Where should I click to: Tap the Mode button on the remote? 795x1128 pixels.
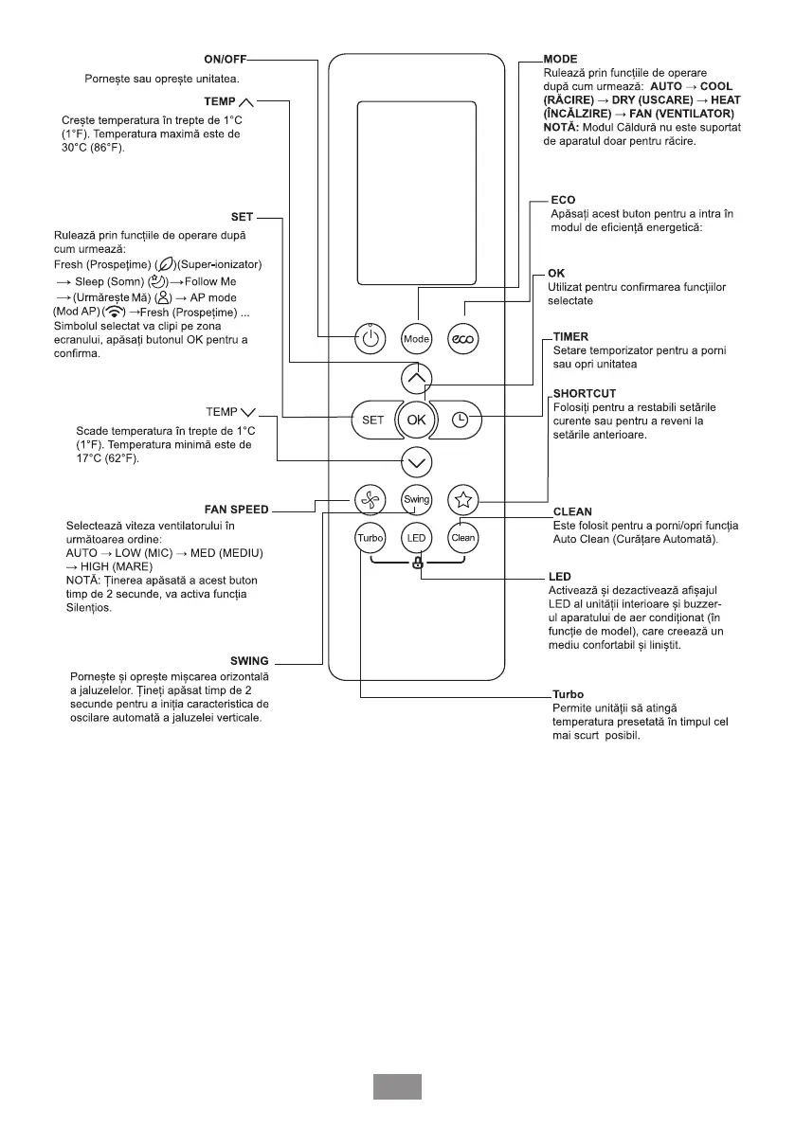(417, 338)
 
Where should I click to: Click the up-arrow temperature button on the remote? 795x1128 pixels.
(417, 379)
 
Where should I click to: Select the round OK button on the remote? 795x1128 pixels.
(417, 420)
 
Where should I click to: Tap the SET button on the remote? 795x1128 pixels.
(372, 420)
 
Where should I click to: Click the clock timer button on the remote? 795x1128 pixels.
(461, 420)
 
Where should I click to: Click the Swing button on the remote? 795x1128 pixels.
(417, 498)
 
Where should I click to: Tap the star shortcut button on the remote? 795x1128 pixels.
(462, 498)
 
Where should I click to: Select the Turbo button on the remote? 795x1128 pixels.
(370, 538)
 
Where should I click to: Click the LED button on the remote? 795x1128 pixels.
(417, 538)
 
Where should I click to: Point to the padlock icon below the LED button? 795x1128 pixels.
(417, 562)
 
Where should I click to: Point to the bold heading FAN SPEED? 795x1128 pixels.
(237, 510)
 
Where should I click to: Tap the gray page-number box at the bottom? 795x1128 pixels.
(397, 1086)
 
